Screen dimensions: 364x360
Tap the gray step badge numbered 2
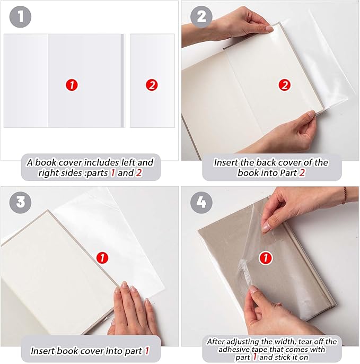(x=201, y=16)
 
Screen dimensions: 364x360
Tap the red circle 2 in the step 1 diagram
(x=152, y=84)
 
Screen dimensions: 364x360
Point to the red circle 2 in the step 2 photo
(x=285, y=84)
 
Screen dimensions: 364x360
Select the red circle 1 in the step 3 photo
(x=102, y=258)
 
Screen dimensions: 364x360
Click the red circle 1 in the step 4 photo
(x=265, y=259)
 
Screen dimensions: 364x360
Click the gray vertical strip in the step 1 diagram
(x=122, y=81)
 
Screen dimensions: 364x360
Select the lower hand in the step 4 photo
(x=276, y=313)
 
